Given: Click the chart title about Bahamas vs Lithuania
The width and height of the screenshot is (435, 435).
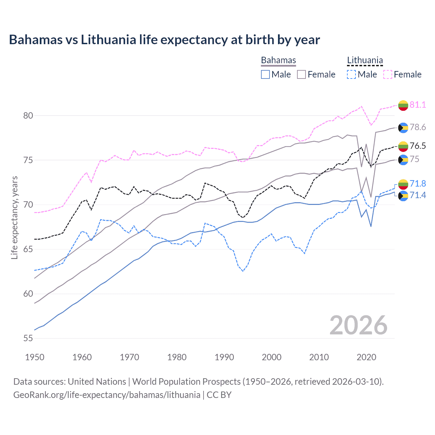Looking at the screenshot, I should (164, 40).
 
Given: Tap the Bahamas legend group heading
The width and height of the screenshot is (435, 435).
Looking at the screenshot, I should (278, 60).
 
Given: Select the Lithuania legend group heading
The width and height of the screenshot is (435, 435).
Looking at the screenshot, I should (365, 60).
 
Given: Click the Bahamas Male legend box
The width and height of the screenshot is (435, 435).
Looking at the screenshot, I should (265, 74).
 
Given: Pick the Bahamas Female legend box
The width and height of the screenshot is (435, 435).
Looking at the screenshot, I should (301, 74).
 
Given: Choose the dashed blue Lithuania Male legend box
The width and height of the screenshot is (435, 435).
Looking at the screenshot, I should (351, 74).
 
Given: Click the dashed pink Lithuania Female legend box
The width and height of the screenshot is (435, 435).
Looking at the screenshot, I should (388, 74).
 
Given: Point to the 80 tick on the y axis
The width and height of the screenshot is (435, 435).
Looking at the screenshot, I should (28, 116).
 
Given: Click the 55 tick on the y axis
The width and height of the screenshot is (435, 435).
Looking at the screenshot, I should (28, 338).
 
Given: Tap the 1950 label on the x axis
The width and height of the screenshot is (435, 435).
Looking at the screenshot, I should (35, 357).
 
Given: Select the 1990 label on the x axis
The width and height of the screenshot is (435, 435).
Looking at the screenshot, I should (224, 357).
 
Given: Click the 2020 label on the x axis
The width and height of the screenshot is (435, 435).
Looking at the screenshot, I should (366, 357).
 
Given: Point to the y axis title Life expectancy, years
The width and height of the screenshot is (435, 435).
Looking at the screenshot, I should (15, 218).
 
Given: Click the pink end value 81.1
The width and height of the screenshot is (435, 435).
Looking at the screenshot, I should (418, 105).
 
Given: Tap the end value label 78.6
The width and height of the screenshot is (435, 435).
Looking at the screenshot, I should (418, 127).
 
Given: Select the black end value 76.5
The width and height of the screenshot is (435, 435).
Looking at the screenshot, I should (418, 146).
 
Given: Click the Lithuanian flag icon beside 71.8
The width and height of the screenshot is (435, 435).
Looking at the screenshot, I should (403, 184).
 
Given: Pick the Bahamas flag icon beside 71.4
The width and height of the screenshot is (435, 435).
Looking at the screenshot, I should (403, 196).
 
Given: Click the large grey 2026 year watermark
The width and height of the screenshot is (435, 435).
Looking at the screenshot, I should (358, 325).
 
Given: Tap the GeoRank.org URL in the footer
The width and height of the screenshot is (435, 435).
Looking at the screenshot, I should (107, 395).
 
